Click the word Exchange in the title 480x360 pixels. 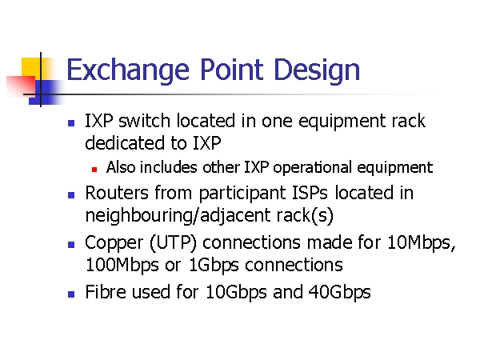(x=128, y=70)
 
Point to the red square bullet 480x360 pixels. (x=94, y=170)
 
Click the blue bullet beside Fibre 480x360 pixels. (x=71, y=294)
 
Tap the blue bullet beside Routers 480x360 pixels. (x=71, y=195)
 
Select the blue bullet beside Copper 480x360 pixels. (x=71, y=245)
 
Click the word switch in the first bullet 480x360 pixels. (x=144, y=121)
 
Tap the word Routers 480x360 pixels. (x=117, y=193)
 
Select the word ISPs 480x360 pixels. (x=310, y=193)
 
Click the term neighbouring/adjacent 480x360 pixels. (x=178, y=216)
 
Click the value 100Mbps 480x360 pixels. (x=122, y=266)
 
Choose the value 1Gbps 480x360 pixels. (x=214, y=266)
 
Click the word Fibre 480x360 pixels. (x=106, y=291)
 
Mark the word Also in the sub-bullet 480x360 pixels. (x=121, y=167)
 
